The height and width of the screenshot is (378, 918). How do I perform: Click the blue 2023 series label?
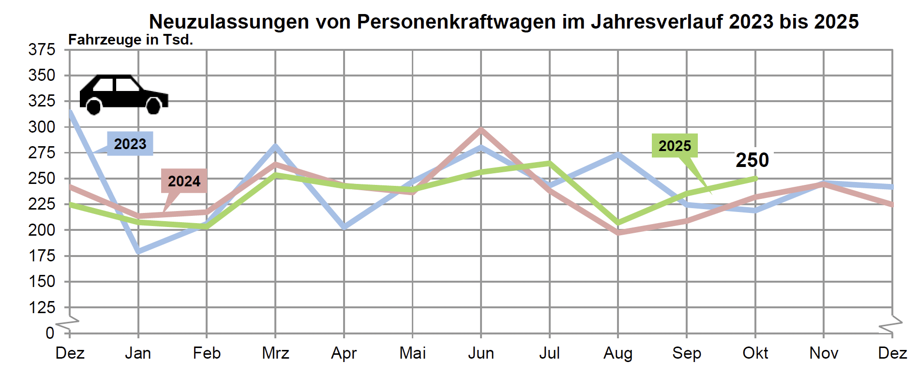point(130,144)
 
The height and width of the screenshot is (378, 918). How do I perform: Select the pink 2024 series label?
point(184,181)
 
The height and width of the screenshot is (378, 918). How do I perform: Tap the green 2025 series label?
point(675,146)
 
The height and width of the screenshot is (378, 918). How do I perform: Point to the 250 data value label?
point(752,160)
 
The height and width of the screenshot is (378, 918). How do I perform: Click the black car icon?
point(124,94)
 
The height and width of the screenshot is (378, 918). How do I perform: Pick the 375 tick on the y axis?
point(42,49)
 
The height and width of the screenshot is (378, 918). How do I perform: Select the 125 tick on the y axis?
point(42,307)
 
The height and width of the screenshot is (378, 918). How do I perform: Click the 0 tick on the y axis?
point(50,333)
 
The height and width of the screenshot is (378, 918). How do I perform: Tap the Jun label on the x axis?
point(481,353)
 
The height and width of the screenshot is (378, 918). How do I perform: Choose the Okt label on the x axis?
point(755,353)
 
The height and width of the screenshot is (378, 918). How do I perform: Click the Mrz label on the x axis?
point(275,353)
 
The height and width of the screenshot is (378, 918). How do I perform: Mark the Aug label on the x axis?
point(618,353)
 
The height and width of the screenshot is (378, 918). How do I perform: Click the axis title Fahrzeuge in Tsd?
point(131,40)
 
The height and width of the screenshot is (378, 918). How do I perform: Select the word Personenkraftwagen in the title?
point(456,22)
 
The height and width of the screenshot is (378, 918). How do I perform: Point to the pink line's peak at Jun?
point(481,129)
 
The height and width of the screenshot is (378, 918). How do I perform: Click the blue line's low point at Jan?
point(138,251)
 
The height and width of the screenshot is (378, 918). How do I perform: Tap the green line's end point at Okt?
point(755,178)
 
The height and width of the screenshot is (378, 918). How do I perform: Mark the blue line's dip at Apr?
point(344,227)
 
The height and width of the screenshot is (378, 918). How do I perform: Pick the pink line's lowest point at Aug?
point(618,233)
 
